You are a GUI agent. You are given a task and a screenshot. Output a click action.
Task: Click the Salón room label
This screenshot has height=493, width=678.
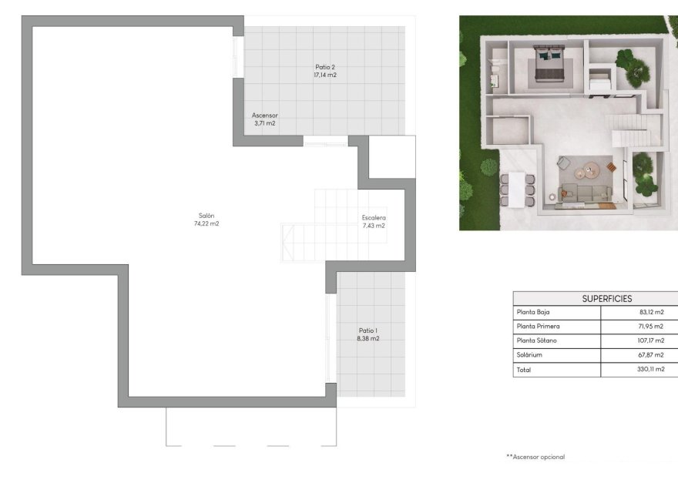pos(206,216)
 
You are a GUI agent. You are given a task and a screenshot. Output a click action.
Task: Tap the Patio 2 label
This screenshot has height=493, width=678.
pos(325,67)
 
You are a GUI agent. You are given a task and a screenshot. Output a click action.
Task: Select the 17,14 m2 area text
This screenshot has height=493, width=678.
pos(325,75)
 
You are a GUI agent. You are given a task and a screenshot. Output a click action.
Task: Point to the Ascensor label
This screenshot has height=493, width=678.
pos(264,116)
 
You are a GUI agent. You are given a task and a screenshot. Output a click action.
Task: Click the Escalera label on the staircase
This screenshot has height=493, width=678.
pos(374,218)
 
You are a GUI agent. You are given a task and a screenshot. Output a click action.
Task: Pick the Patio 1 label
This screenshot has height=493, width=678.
pos(368,330)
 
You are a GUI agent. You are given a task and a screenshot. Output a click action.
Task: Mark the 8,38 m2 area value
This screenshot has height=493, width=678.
pos(368,338)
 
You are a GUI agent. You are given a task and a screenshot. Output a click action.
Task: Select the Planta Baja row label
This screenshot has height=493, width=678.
pos(533,312)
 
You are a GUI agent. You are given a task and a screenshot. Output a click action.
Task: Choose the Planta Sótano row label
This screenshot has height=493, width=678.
pos(536,340)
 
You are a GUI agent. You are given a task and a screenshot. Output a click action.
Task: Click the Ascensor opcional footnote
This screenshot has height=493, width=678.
pos(535,457)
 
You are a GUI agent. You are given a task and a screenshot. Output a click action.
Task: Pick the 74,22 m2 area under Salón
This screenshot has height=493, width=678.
pos(206,224)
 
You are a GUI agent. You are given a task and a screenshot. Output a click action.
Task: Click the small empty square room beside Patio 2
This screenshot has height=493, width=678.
pos(391,157)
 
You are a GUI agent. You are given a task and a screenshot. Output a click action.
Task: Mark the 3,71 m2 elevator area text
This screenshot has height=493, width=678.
pos(264,123)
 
